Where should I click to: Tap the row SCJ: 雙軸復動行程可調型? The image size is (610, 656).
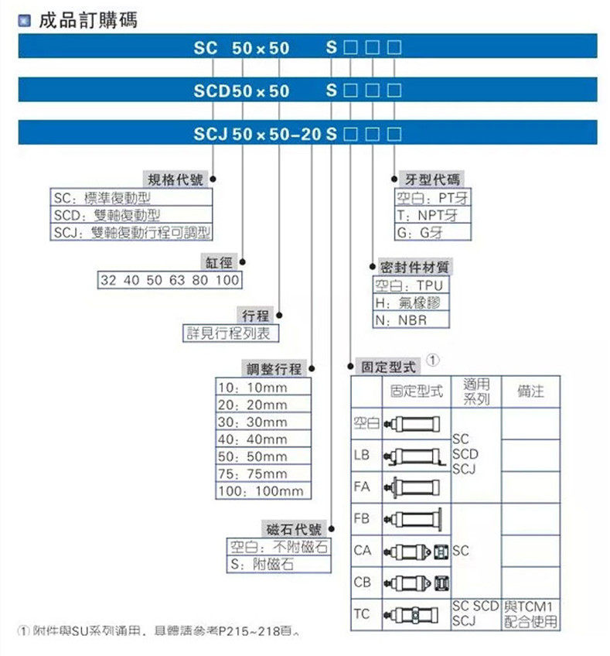click(131, 232)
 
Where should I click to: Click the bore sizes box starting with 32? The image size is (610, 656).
click(169, 280)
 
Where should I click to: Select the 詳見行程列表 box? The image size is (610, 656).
click(230, 333)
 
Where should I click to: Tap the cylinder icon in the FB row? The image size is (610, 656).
click(416, 518)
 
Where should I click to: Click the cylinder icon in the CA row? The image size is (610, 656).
click(416, 551)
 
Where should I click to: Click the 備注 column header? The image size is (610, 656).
click(530, 392)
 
